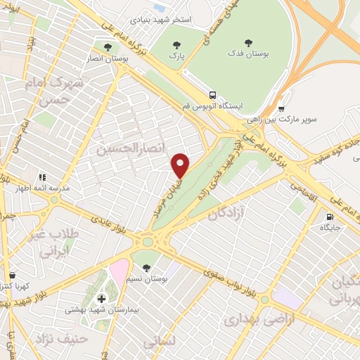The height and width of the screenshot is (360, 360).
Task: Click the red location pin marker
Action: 181,165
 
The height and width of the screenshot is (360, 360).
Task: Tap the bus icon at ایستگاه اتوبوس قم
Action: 212,95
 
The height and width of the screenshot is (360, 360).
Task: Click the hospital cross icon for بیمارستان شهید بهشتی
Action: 101,299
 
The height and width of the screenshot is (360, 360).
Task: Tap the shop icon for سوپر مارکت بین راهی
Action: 281,108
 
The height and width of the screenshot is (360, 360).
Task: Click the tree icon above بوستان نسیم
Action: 146,268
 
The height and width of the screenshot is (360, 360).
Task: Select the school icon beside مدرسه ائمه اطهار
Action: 41,178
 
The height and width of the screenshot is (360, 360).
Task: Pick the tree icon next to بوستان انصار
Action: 106,48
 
